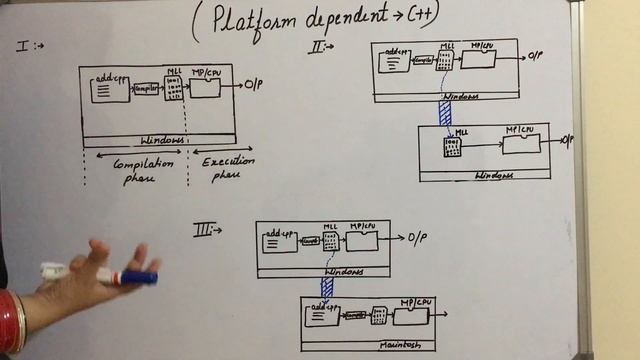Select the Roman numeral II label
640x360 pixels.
318,47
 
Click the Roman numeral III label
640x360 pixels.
205,231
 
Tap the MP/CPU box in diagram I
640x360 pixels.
205,87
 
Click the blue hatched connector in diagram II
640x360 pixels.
446,112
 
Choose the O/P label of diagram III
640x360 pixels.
419,238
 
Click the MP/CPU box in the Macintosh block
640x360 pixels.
410,315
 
